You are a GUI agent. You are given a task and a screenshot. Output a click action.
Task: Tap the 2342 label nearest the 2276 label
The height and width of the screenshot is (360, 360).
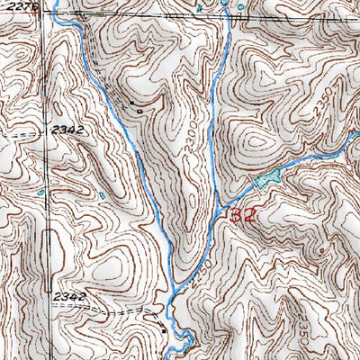point(67,130)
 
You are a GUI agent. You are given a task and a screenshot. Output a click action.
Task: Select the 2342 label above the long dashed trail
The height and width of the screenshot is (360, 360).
point(69,296)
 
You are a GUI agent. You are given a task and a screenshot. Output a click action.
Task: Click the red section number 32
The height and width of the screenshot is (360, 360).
point(244,216)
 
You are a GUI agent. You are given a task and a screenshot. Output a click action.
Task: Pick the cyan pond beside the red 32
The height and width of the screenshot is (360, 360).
point(264,181)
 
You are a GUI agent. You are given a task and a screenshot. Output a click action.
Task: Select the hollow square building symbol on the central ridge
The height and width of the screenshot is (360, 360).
point(149,111)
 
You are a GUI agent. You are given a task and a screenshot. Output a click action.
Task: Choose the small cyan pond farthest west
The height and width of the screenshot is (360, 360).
point(41,191)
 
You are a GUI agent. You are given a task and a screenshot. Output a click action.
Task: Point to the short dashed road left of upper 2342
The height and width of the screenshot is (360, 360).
point(27,133)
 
